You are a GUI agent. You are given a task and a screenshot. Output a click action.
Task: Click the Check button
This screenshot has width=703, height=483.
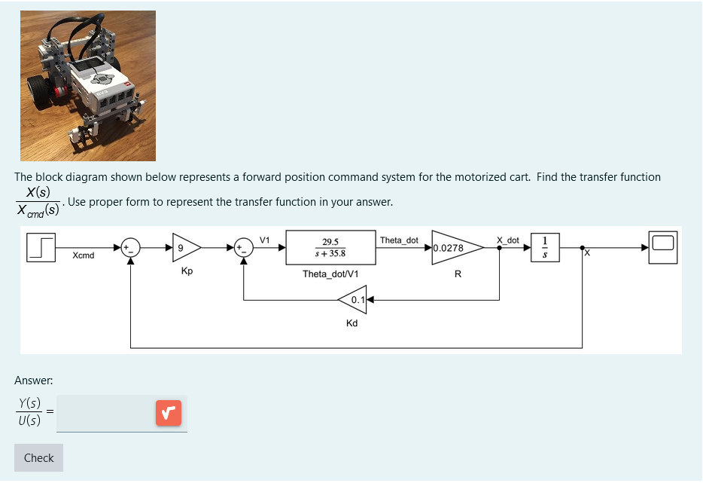tap(38, 458)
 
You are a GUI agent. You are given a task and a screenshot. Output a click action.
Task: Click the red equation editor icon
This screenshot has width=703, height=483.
tap(169, 413)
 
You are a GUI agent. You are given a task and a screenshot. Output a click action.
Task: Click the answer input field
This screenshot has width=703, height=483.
tap(105, 413)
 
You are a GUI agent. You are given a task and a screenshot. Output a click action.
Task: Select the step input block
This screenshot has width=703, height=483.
tap(42, 246)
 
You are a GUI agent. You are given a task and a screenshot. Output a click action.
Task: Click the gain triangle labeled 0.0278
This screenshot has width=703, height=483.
tap(455, 247)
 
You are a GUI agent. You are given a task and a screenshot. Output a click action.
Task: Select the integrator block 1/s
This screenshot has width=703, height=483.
tap(545, 246)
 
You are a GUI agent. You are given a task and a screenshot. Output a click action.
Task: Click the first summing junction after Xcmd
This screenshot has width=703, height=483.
tap(131, 246)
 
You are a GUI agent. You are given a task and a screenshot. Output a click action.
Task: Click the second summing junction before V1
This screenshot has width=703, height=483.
tap(243, 246)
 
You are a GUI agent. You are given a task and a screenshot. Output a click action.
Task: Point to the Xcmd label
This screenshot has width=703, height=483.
tap(84, 256)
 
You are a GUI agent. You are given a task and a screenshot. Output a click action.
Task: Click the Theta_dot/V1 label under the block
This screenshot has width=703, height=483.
tap(330, 274)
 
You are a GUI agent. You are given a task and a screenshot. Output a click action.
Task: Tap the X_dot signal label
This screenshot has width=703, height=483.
tap(507, 240)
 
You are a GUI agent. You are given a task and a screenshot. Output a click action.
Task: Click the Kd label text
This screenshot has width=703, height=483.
tap(351, 323)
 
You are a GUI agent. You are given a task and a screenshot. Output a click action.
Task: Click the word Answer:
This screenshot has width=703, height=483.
tap(33, 381)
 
